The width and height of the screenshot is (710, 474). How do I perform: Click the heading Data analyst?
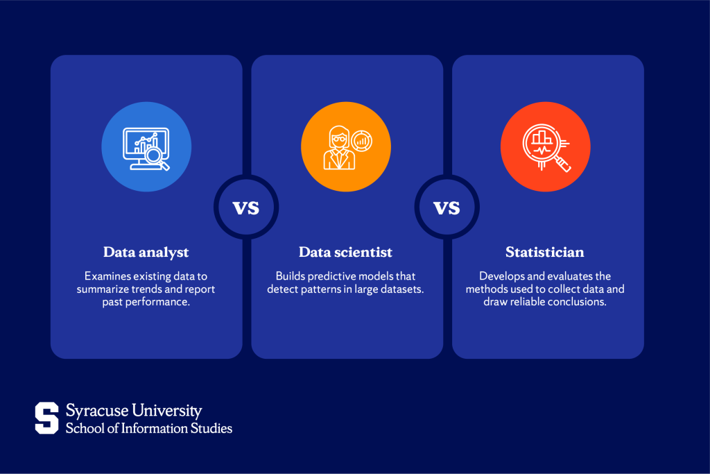[146, 252]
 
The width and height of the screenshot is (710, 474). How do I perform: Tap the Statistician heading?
[547, 252]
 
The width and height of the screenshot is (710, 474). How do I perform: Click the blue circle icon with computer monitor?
[146, 148]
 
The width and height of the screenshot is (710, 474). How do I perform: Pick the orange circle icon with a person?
[345, 148]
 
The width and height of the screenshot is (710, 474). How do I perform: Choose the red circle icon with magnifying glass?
[546, 148]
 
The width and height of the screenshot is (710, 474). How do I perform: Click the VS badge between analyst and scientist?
[245, 207]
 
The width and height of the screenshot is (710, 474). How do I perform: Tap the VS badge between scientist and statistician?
[447, 207]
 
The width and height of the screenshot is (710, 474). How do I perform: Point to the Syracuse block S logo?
[47, 418]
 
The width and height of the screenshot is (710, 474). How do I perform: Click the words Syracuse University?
[133, 411]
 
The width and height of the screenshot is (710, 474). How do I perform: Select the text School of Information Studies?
[148, 428]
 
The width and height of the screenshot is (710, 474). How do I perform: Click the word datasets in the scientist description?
[402, 289]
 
